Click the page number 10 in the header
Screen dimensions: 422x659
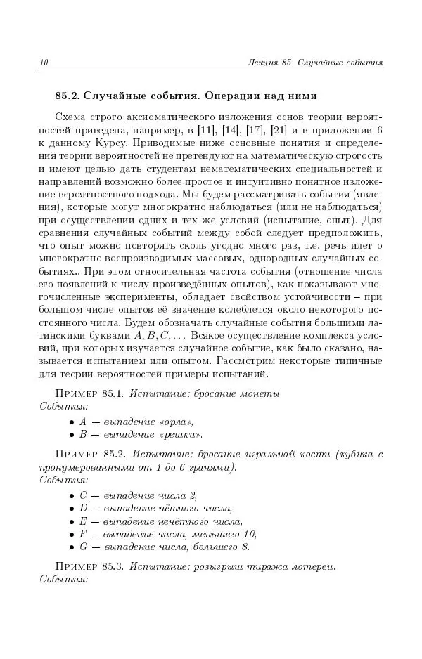(44, 63)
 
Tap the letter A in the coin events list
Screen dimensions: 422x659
(83, 422)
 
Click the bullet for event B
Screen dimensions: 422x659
(72, 435)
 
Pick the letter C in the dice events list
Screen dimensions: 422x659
(83, 495)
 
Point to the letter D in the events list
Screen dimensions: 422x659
(83, 508)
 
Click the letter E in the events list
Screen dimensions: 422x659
(83, 521)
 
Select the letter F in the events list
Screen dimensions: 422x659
(83, 534)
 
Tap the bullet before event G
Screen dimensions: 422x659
(72, 547)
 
